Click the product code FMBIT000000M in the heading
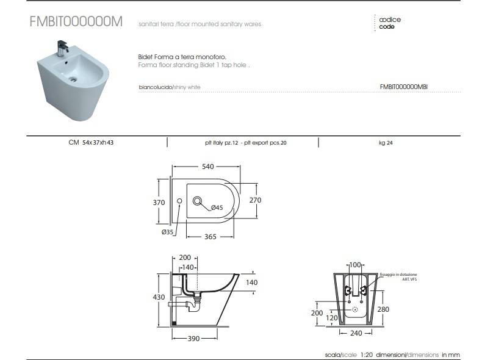coord(76,21)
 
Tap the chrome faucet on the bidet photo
coord(62,48)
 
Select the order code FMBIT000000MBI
coord(403,87)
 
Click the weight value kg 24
coord(386,143)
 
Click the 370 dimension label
coord(159,201)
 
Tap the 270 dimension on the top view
coord(255,200)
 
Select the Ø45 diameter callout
coord(218,208)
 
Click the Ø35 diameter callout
coord(168,232)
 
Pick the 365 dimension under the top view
coord(210,236)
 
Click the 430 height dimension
coord(159,297)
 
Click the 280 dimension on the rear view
coord(383,309)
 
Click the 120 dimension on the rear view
coord(332,318)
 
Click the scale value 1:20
coord(366,355)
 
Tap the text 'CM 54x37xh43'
coord(91,143)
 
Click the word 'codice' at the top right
coord(390,20)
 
